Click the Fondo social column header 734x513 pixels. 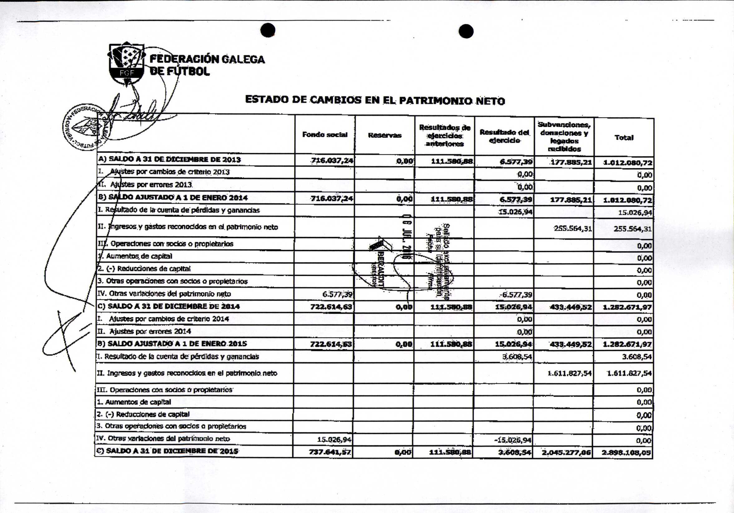coord(325,134)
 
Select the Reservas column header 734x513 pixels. coord(384,135)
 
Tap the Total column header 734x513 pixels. coord(624,137)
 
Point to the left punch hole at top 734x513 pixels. coord(267,30)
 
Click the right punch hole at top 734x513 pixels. coord(466,31)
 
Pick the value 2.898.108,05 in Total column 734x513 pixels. coord(627,452)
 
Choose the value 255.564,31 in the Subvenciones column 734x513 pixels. coord(573,228)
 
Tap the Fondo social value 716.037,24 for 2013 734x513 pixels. coord(332,161)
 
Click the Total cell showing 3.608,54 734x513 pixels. coord(637,357)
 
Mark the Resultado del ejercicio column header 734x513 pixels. coord(504,136)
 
